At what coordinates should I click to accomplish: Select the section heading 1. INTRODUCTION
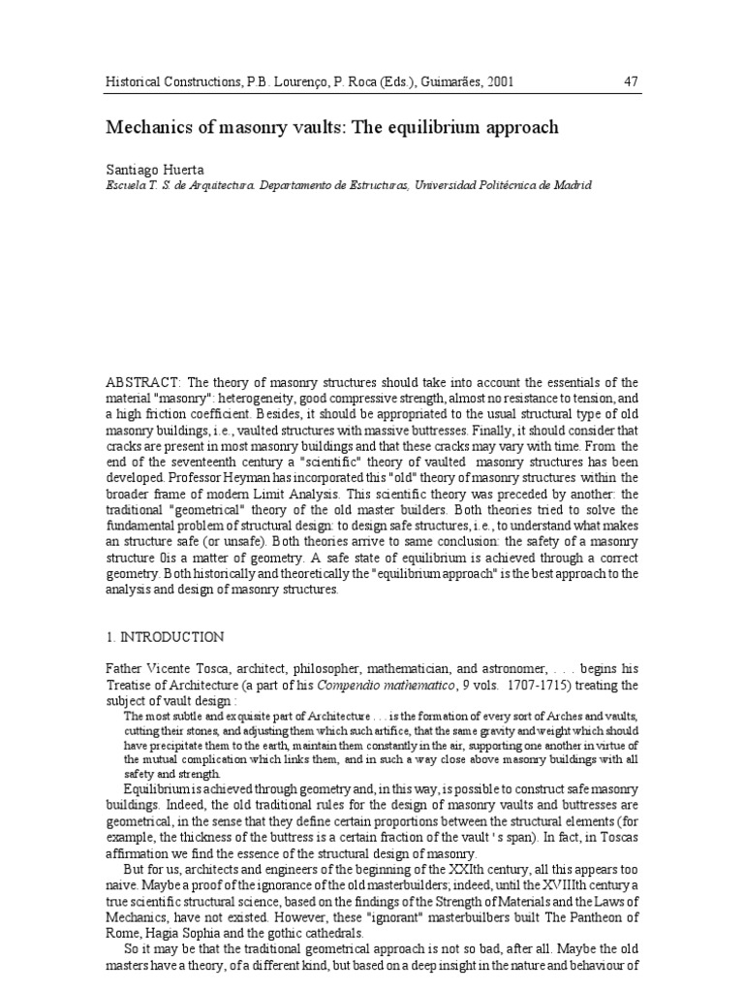[x=165, y=637]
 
